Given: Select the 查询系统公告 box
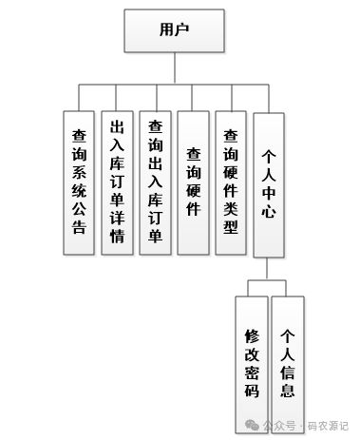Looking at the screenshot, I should click(79, 183).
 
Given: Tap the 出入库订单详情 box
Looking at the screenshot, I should click(117, 183).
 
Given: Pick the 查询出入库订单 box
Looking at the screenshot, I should click(155, 183).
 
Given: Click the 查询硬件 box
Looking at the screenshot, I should click(193, 183).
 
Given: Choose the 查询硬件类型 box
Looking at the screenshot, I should click(231, 183).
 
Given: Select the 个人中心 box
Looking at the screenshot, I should click(269, 183).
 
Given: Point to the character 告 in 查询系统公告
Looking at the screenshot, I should click(79, 228).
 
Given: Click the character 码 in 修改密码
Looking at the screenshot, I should click(251, 389).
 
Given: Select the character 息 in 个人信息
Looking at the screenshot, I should click(288, 389).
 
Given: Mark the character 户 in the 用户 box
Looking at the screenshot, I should click(183, 29).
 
